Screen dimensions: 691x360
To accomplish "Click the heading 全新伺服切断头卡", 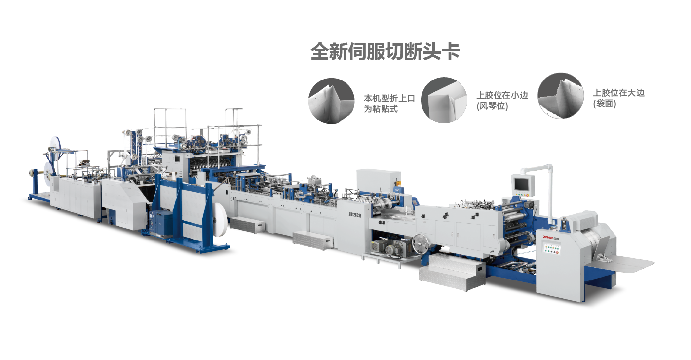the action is [385, 51].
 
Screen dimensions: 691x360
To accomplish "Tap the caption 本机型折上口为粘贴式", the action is [389, 103].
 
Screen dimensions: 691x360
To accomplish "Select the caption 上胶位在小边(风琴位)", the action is [502, 100].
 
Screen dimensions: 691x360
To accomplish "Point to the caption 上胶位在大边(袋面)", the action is [618, 98].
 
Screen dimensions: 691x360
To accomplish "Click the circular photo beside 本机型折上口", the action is [332, 101].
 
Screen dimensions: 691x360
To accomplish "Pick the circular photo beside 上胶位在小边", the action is [444, 100].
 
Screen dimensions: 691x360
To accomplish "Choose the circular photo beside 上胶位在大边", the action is [561, 95].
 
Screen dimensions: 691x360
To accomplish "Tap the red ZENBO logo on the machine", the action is [551, 237].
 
